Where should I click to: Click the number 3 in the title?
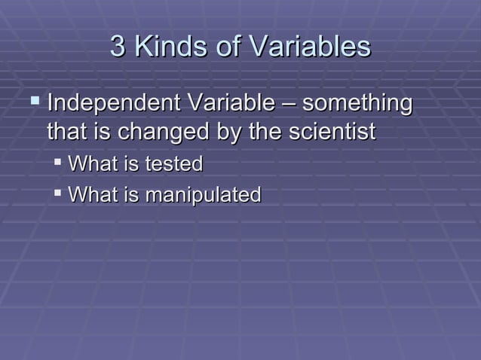118,47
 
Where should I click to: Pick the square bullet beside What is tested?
58,161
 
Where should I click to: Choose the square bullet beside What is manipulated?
58,193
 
